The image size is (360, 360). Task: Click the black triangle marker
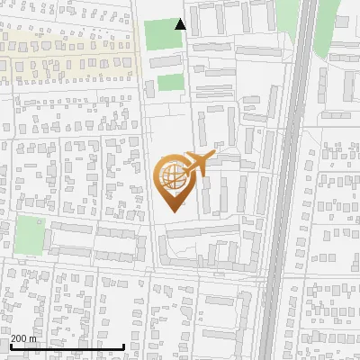[x=181, y=24]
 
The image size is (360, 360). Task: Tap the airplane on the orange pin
[x=197, y=164]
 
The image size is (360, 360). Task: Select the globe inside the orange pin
[x=171, y=174]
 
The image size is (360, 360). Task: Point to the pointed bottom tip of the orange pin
[x=171, y=211]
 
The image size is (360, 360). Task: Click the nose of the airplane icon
[x=213, y=156]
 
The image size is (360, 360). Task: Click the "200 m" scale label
[x=23, y=338]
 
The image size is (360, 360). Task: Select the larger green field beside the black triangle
[x=163, y=34]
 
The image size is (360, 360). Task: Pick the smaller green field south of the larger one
[x=170, y=83]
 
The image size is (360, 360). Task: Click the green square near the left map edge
[x=30, y=236]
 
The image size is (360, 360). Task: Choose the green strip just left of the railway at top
[x=286, y=18]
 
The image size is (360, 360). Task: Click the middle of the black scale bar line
[x=67, y=347]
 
